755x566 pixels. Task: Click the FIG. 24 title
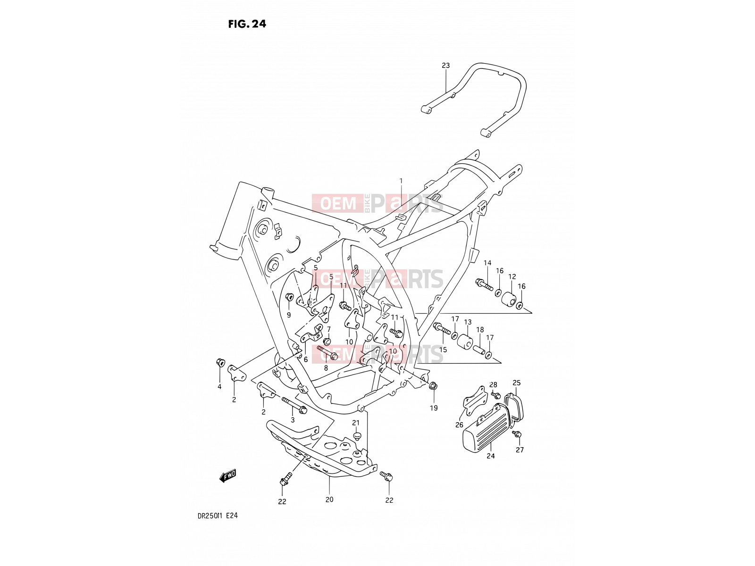(247, 24)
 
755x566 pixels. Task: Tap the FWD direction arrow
(228, 475)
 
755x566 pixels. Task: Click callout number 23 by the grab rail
(445, 65)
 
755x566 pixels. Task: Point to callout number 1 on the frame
(401, 181)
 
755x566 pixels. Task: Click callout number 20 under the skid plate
(329, 499)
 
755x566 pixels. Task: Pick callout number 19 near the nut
(434, 408)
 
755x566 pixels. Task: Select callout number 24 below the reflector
(490, 456)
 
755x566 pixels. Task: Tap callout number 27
(520, 450)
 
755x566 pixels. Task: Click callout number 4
(219, 387)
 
